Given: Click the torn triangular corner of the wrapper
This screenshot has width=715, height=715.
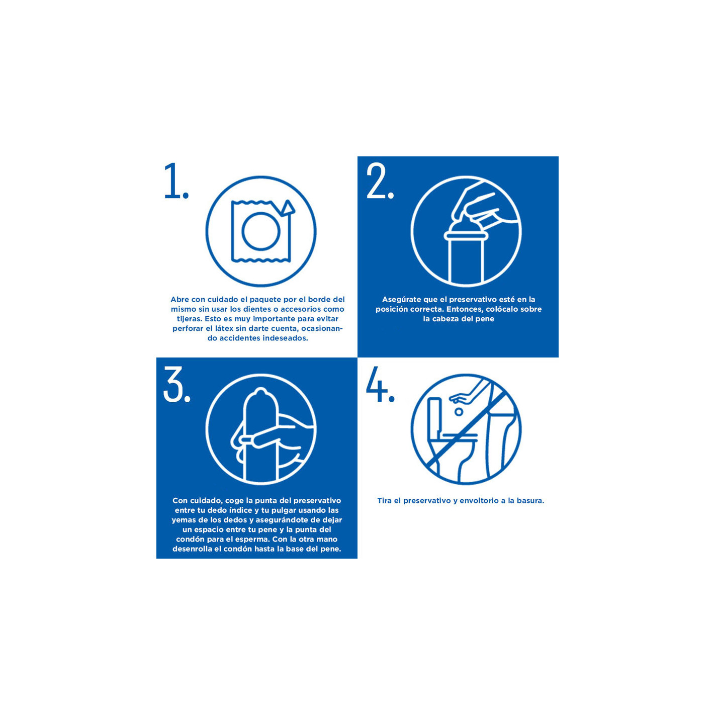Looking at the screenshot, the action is [288, 208].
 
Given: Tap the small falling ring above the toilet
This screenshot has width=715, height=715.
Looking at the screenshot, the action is [459, 412].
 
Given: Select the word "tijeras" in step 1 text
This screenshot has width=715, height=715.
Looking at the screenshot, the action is [189, 319].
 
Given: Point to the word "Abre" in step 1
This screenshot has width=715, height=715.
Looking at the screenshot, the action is [180, 300].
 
